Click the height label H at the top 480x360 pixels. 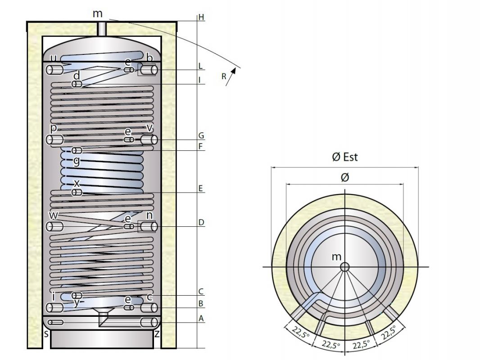point(201,17)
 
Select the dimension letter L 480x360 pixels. point(201,66)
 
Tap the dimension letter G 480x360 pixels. point(201,135)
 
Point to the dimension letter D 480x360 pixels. point(201,222)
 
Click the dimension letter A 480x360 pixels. point(201,318)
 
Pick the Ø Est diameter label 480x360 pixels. point(344,157)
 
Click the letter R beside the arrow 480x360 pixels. point(224,76)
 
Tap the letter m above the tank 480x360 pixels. point(98,13)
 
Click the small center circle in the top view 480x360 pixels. point(345,267)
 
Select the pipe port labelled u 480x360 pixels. point(55,70)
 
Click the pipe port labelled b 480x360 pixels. point(148,70)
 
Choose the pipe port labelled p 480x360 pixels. point(55,139)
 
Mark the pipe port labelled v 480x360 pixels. point(149,139)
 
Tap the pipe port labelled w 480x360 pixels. point(55,226)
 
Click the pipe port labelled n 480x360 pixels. point(148,226)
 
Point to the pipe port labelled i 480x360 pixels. point(55,308)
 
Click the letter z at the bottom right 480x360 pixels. point(157,333)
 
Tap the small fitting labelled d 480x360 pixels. point(77,84)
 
